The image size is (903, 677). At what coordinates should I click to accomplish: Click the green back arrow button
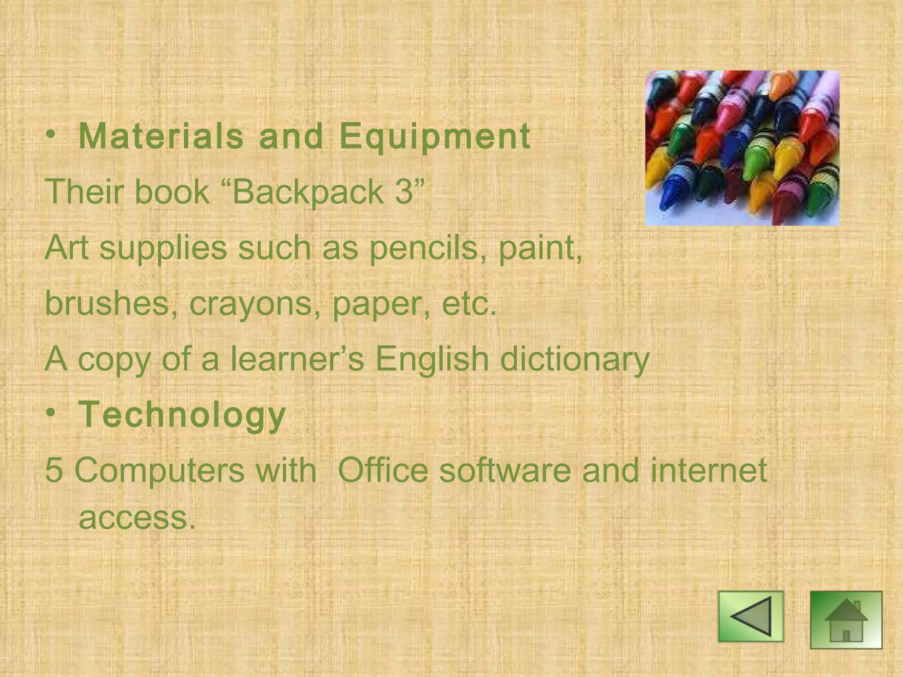pos(751,616)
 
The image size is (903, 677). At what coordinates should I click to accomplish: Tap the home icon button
pos(846,620)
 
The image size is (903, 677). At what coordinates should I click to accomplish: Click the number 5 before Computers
pos(54,470)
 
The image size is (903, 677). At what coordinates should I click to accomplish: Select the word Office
pos(383,470)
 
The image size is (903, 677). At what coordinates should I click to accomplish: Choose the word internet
pos(709,470)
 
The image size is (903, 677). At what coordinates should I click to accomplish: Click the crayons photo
pos(742,148)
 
